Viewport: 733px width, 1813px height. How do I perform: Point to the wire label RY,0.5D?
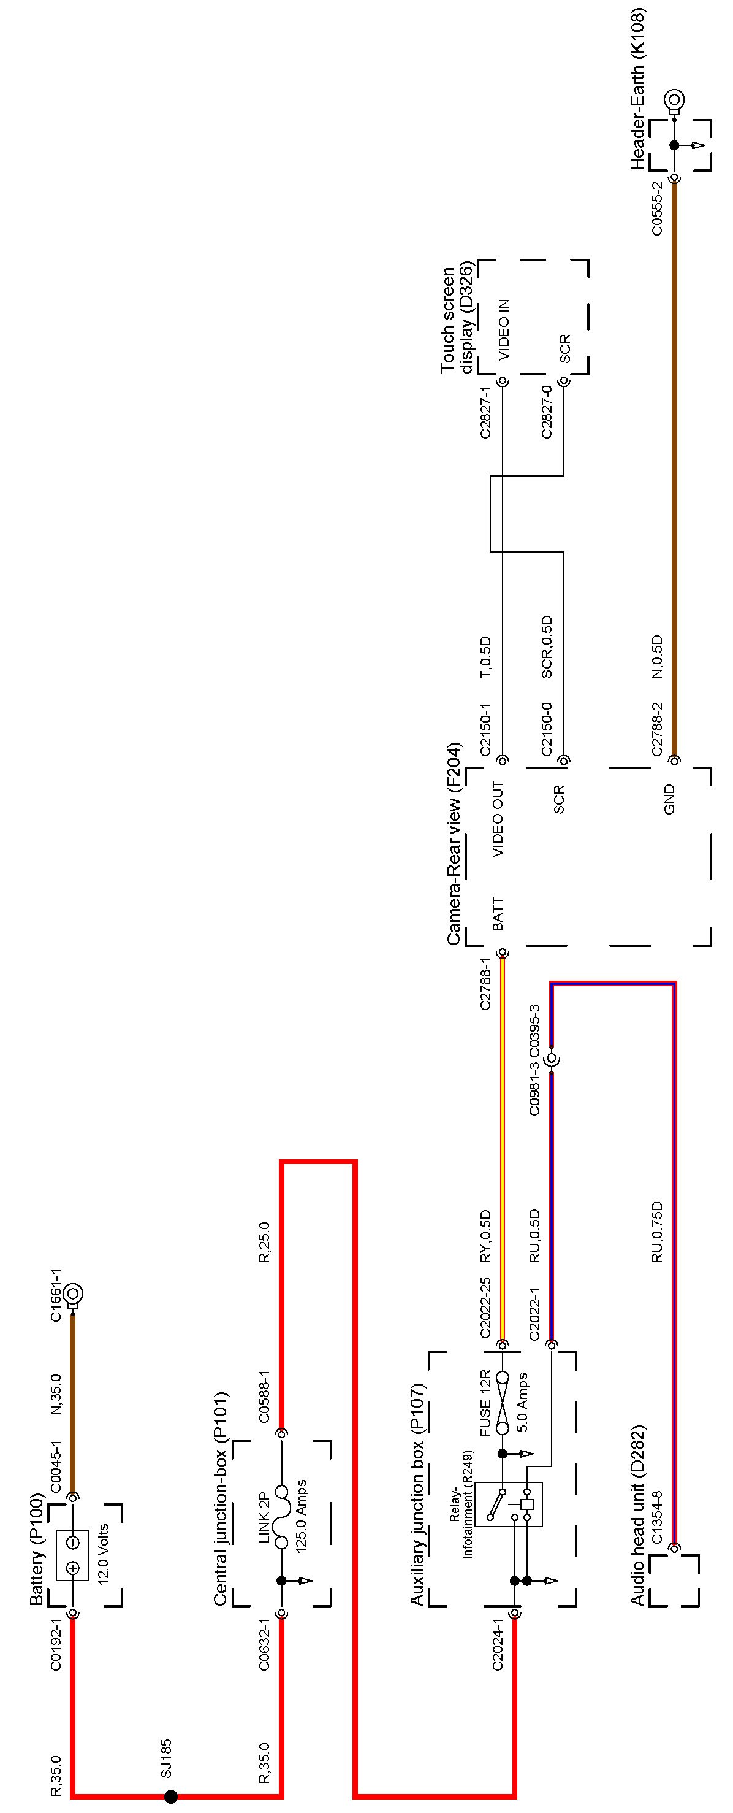pyautogui.click(x=485, y=1226)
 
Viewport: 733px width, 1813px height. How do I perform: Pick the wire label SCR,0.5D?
pyautogui.click(x=547, y=648)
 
